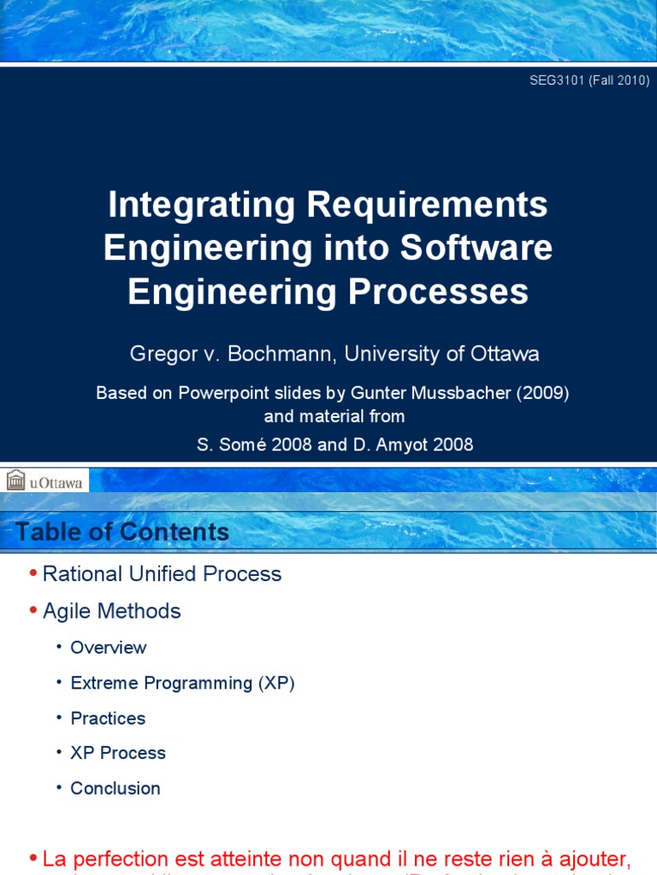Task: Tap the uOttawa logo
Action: tap(45, 481)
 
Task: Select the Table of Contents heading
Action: tap(122, 532)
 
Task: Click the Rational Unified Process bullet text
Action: tap(162, 574)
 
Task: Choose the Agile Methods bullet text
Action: tap(111, 611)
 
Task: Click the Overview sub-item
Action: tap(109, 648)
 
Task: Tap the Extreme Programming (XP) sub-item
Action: tap(182, 684)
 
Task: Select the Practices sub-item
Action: tap(108, 719)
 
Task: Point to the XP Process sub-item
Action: tap(118, 754)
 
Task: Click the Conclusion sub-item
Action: tap(115, 789)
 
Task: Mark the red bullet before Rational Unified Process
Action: tap(33, 574)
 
